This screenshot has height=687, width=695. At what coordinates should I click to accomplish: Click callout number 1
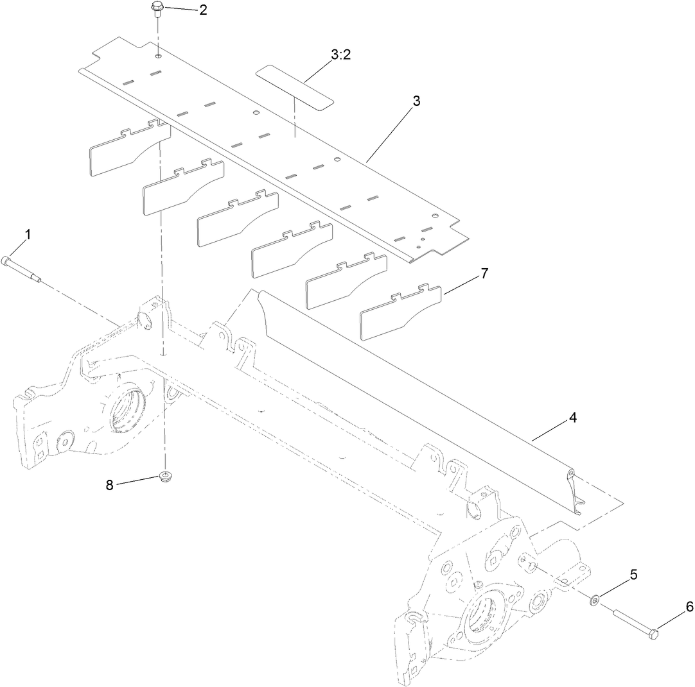(x=28, y=235)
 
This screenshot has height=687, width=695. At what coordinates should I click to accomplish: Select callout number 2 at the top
(x=203, y=10)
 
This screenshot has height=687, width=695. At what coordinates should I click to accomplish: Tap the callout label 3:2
(x=340, y=55)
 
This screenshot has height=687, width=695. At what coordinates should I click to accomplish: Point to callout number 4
(x=572, y=418)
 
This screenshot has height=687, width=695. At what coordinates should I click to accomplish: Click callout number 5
(x=633, y=575)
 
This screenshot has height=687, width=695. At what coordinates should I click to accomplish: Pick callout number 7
(x=484, y=274)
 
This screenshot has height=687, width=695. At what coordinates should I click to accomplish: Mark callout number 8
(x=110, y=486)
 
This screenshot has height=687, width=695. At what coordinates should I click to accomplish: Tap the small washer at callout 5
(x=596, y=600)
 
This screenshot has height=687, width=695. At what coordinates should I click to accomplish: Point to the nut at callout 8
(x=166, y=476)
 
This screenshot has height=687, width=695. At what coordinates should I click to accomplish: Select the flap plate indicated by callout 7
(x=400, y=313)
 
